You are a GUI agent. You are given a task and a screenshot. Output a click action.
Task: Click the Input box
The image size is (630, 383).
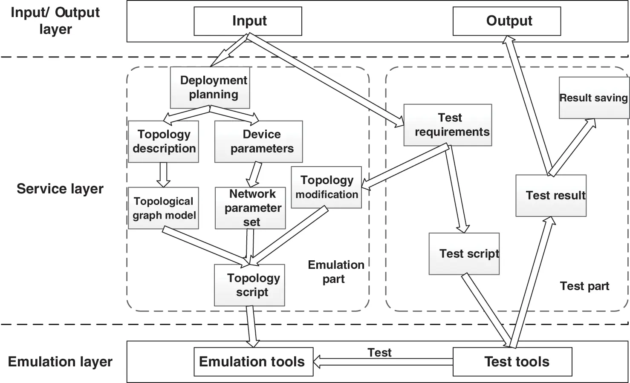(248, 21)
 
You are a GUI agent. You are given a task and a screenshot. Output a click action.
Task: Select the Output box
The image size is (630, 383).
(506, 21)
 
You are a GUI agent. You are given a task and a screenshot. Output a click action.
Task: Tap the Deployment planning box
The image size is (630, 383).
(210, 87)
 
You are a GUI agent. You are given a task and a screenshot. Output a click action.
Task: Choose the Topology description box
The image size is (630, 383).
(163, 141)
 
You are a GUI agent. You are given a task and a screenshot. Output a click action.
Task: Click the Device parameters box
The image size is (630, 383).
(258, 141)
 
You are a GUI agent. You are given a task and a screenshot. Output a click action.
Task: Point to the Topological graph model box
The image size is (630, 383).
(163, 208)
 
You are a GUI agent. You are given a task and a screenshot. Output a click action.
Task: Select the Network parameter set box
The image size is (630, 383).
(250, 208)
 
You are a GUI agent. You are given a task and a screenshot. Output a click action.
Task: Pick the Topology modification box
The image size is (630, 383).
(326, 187)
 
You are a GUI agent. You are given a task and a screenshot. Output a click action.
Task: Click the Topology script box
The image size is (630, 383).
(249, 285)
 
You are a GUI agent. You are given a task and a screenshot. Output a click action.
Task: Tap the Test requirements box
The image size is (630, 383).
(448, 125)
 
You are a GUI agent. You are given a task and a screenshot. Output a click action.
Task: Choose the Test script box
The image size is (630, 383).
(464, 253)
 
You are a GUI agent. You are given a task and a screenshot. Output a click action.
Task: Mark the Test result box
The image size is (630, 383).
(551, 195)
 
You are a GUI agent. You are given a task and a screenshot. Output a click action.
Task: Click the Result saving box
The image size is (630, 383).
(593, 98)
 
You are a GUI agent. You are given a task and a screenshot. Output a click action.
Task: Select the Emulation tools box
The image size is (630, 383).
(254, 362)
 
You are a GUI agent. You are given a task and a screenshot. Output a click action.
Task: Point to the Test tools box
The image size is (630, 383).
(512, 362)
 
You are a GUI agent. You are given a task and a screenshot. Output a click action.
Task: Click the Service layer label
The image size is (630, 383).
(60, 189)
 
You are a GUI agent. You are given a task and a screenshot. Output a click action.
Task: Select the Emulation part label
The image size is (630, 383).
(335, 272)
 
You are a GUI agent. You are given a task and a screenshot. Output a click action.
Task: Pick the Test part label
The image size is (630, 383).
(584, 286)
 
